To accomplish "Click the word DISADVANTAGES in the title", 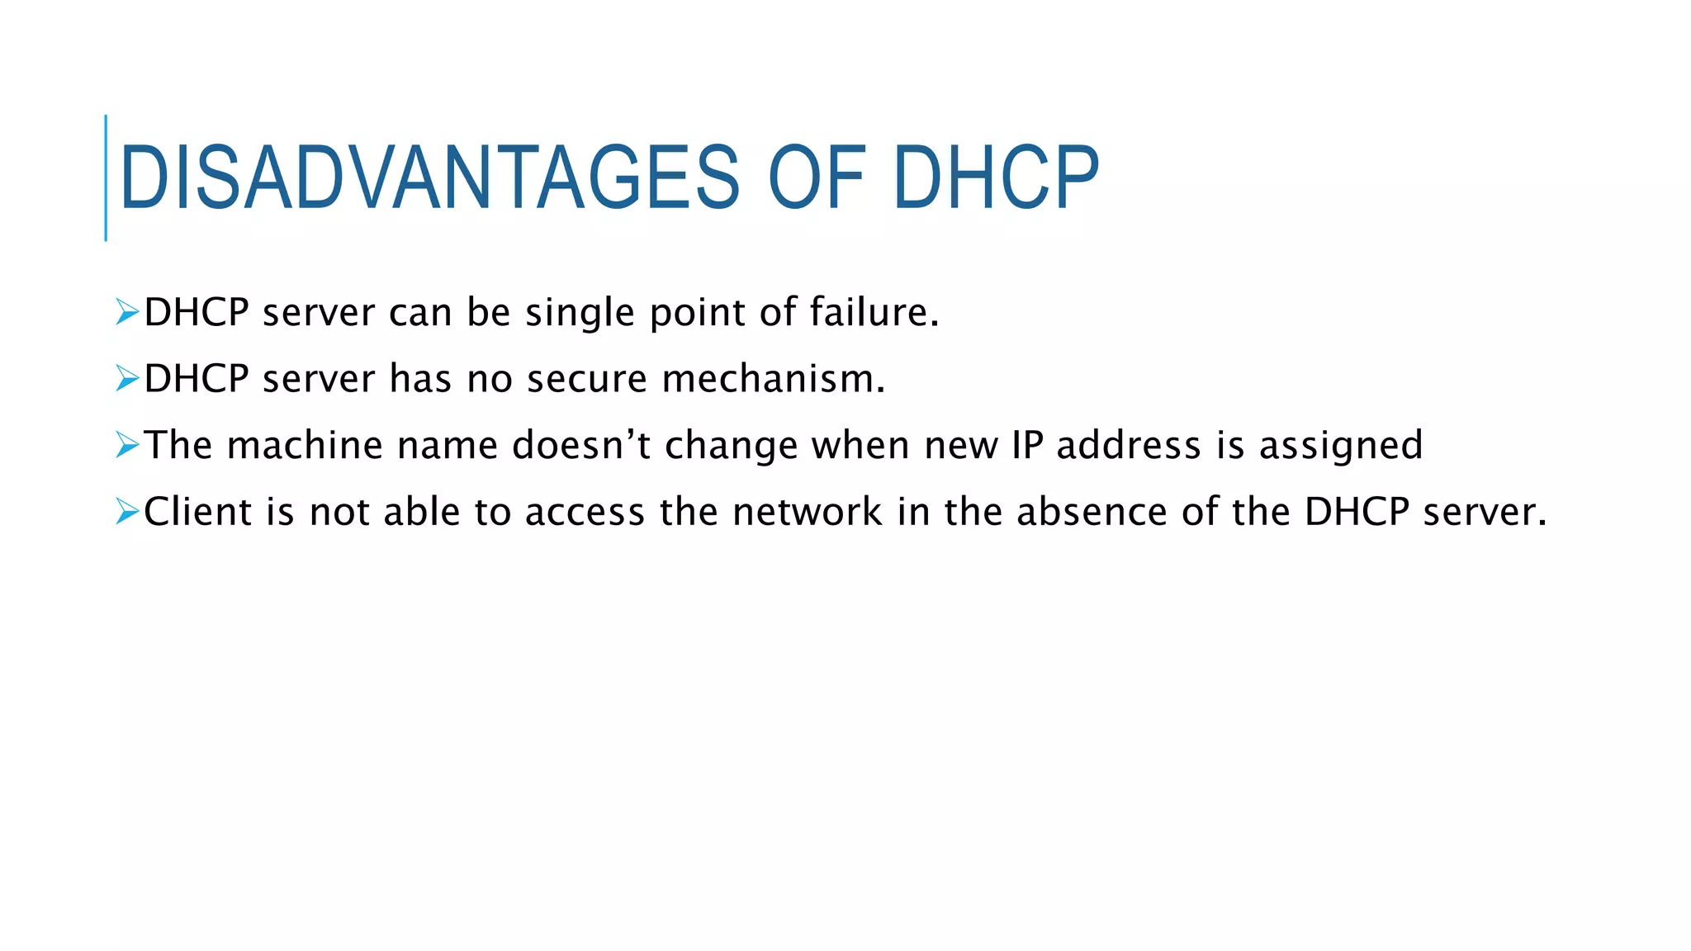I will click(x=429, y=177).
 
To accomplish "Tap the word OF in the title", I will click(x=817, y=177).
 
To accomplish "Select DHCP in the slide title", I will click(x=996, y=177).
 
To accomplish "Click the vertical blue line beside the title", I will click(x=106, y=177).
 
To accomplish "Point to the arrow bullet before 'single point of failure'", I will click(x=127, y=312).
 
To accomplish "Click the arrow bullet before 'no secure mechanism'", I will click(x=127, y=378).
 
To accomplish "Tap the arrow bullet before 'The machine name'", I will click(x=127, y=445).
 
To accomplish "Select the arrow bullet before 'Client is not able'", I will click(x=127, y=512).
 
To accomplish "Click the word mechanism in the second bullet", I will click(x=773, y=379).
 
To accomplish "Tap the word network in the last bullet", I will click(x=808, y=512).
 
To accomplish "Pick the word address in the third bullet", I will click(x=1129, y=445).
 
